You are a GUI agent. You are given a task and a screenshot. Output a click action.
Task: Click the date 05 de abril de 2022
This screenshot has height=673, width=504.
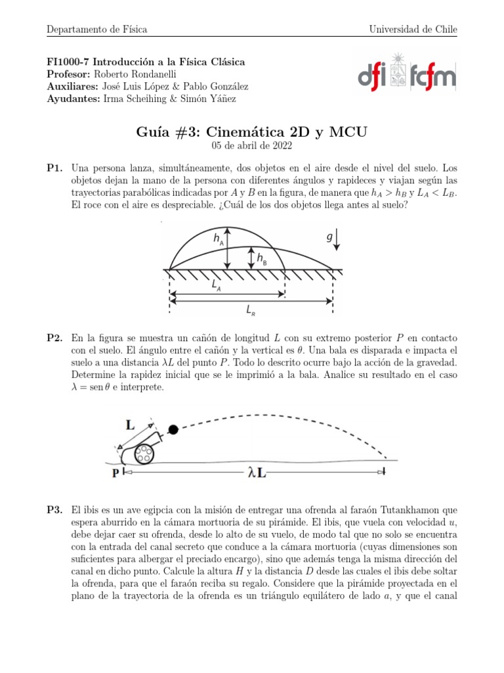252,146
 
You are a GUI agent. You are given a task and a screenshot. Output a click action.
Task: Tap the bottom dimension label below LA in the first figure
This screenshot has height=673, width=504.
251,309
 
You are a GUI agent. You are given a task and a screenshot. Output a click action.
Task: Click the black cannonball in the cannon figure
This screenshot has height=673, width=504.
173,430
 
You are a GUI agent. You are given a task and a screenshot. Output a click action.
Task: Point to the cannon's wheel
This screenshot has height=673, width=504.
142,453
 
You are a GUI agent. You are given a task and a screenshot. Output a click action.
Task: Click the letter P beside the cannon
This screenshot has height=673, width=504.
115,473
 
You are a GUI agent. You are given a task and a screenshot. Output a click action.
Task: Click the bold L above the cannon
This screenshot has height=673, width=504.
131,426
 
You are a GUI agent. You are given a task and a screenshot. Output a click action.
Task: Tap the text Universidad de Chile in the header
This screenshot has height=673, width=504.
413,30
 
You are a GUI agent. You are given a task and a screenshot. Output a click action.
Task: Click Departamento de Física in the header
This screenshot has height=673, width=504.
96,30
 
